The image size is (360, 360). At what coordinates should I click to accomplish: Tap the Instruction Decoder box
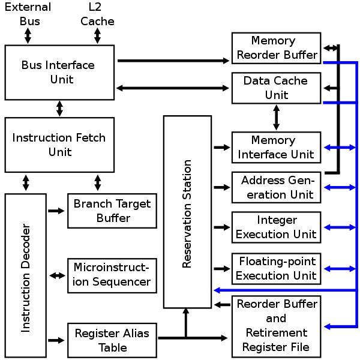click(x=25, y=275)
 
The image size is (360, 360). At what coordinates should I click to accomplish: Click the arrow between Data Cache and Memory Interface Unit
click(x=277, y=118)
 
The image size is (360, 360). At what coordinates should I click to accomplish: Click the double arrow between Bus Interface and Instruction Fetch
click(x=59, y=109)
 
